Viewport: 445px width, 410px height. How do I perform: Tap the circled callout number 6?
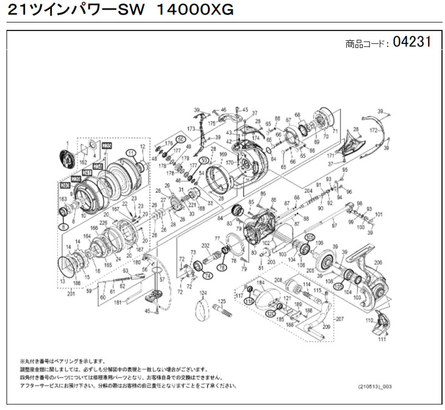pyautogui.click(x=62, y=225)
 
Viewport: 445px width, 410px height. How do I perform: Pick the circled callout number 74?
pyautogui.click(x=208, y=275)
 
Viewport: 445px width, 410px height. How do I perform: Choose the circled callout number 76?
pyautogui.click(x=222, y=267)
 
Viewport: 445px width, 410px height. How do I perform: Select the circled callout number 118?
pyautogui.click(x=249, y=301)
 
